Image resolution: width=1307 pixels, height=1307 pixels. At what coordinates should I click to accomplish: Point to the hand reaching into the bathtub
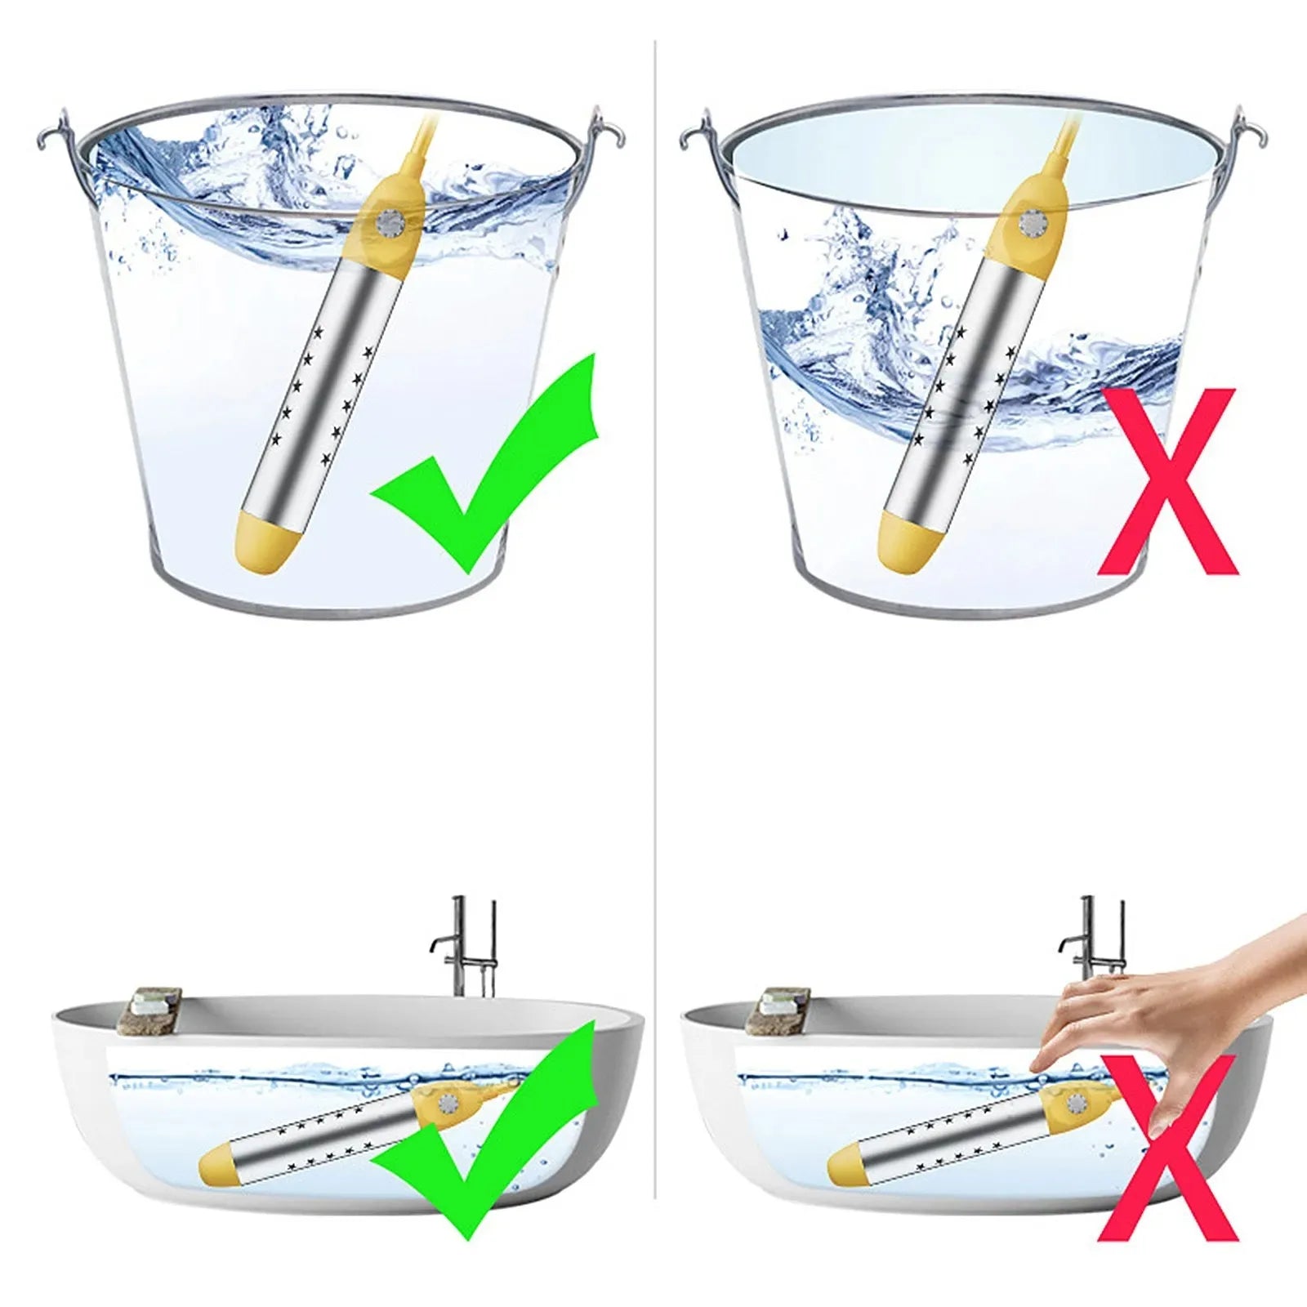pyautogui.click(x=1160, y=1005)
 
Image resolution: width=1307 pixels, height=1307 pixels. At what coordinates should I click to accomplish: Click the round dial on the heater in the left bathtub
pyautogui.click(x=447, y=1103)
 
